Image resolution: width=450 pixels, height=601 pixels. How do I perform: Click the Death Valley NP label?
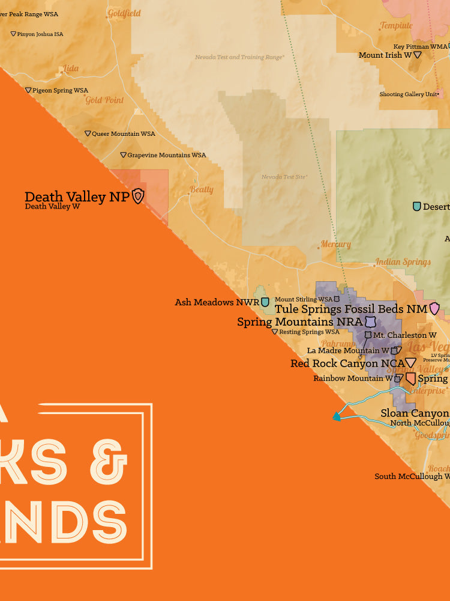click(76, 197)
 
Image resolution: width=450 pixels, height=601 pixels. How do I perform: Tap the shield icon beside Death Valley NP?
click(138, 196)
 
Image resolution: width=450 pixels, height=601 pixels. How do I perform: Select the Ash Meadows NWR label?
click(217, 302)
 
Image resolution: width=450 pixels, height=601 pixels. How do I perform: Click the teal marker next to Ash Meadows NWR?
click(265, 302)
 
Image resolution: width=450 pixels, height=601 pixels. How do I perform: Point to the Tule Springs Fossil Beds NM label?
click(350, 309)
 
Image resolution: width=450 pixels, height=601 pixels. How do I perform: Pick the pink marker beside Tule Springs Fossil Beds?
click(434, 309)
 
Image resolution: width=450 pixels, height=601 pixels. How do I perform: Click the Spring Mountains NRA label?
click(300, 322)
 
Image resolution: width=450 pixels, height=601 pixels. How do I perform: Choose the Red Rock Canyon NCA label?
click(346, 363)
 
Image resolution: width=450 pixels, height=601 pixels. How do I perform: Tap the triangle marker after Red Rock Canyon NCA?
click(410, 362)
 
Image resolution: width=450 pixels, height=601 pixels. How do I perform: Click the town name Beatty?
click(202, 190)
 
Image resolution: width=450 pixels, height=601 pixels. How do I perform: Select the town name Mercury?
click(335, 245)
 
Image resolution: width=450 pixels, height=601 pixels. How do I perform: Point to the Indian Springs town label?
click(403, 262)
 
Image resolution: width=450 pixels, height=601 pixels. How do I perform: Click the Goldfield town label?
click(124, 13)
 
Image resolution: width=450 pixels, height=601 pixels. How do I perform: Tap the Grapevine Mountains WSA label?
click(166, 155)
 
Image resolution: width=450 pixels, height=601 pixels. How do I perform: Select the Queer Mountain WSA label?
click(123, 134)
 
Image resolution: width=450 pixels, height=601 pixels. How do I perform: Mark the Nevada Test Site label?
click(284, 177)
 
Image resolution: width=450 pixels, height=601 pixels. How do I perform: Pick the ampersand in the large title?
click(111, 462)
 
